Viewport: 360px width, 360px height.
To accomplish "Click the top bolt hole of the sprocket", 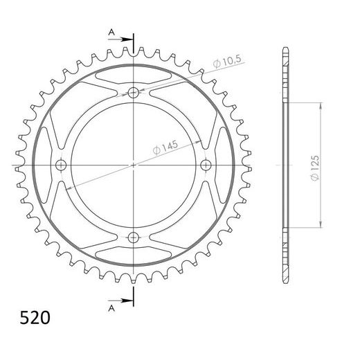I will click(x=133, y=91).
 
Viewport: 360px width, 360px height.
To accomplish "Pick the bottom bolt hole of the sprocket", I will click(x=133, y=237).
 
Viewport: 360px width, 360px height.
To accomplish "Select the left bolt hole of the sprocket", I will click(x=60, y=165).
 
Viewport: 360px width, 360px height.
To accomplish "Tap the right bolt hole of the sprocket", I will click(x=206, y=165).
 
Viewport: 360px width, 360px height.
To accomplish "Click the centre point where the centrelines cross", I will click(x=133, y=165).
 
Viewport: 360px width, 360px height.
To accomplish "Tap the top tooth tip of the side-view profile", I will click(x=285, y=50).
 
